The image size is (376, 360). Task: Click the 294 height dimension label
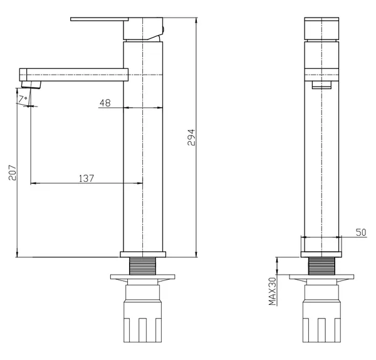(191, 137)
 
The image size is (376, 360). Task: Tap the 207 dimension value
(13, 172)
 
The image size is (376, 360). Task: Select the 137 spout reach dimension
(86, 179)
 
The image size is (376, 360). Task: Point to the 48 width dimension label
(105, 103)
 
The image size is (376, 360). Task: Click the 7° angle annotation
(23, 99)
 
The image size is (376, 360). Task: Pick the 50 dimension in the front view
(361, 232)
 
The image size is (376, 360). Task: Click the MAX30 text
(273, 292)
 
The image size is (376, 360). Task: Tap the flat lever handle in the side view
(99, 19)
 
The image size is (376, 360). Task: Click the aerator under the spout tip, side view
(31, 85)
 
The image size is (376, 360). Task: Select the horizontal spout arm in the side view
(74, 75)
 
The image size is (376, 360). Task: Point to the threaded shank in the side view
(143, 266)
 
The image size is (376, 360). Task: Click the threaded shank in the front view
(321, 266)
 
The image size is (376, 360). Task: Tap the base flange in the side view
(143, 255)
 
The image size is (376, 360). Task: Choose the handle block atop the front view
(321, 29)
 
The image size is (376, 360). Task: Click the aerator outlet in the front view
(321, 85)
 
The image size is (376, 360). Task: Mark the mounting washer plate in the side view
(143, 277)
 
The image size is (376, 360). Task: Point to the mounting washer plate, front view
(321, 277)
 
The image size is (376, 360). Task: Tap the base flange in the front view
(321, 255)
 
